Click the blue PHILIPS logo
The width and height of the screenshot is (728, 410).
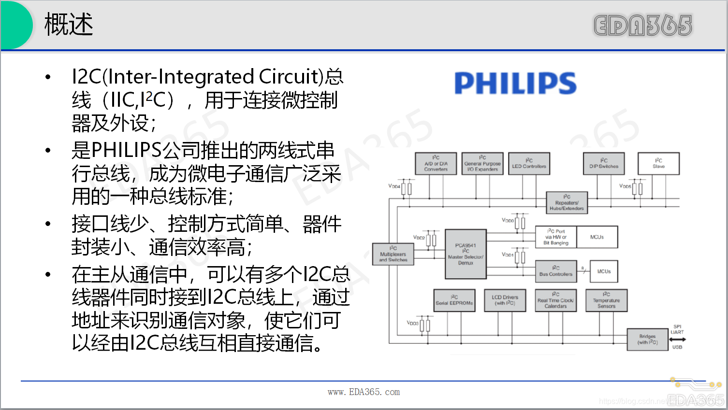[x=515, y=83]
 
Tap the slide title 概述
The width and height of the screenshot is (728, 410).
[x=69, y=24]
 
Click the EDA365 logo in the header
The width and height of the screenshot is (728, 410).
[x=642, y=25]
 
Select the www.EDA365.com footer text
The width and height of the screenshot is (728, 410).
[x=364, y=392]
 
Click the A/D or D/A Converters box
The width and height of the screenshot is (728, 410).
[x=436, y=164]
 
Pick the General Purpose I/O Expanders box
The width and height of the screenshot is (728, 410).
[x=482, y=164]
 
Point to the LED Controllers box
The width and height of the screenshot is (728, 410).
[x=529, y=164]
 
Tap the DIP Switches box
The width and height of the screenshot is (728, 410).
[x=604, y=164]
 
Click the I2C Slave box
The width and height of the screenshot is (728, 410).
[x=658, y=164]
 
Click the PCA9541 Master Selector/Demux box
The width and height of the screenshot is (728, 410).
[x=466, y=254]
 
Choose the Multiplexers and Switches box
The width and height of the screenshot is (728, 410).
[x=393, y=254]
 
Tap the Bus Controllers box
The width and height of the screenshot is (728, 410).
[x=556, y=271]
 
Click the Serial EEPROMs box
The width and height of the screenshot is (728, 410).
[x=454, y=300]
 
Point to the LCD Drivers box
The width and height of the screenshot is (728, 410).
[x=505, y=300]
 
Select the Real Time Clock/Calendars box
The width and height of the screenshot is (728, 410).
[x=556, y=300]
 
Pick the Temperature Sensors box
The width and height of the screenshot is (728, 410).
[x=606, y=300]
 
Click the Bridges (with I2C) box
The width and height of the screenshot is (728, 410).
[x=647, y=339]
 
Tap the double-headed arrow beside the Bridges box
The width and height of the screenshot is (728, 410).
[x=677, y=339]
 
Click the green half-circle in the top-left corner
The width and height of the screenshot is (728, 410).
[x=15, y=24]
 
